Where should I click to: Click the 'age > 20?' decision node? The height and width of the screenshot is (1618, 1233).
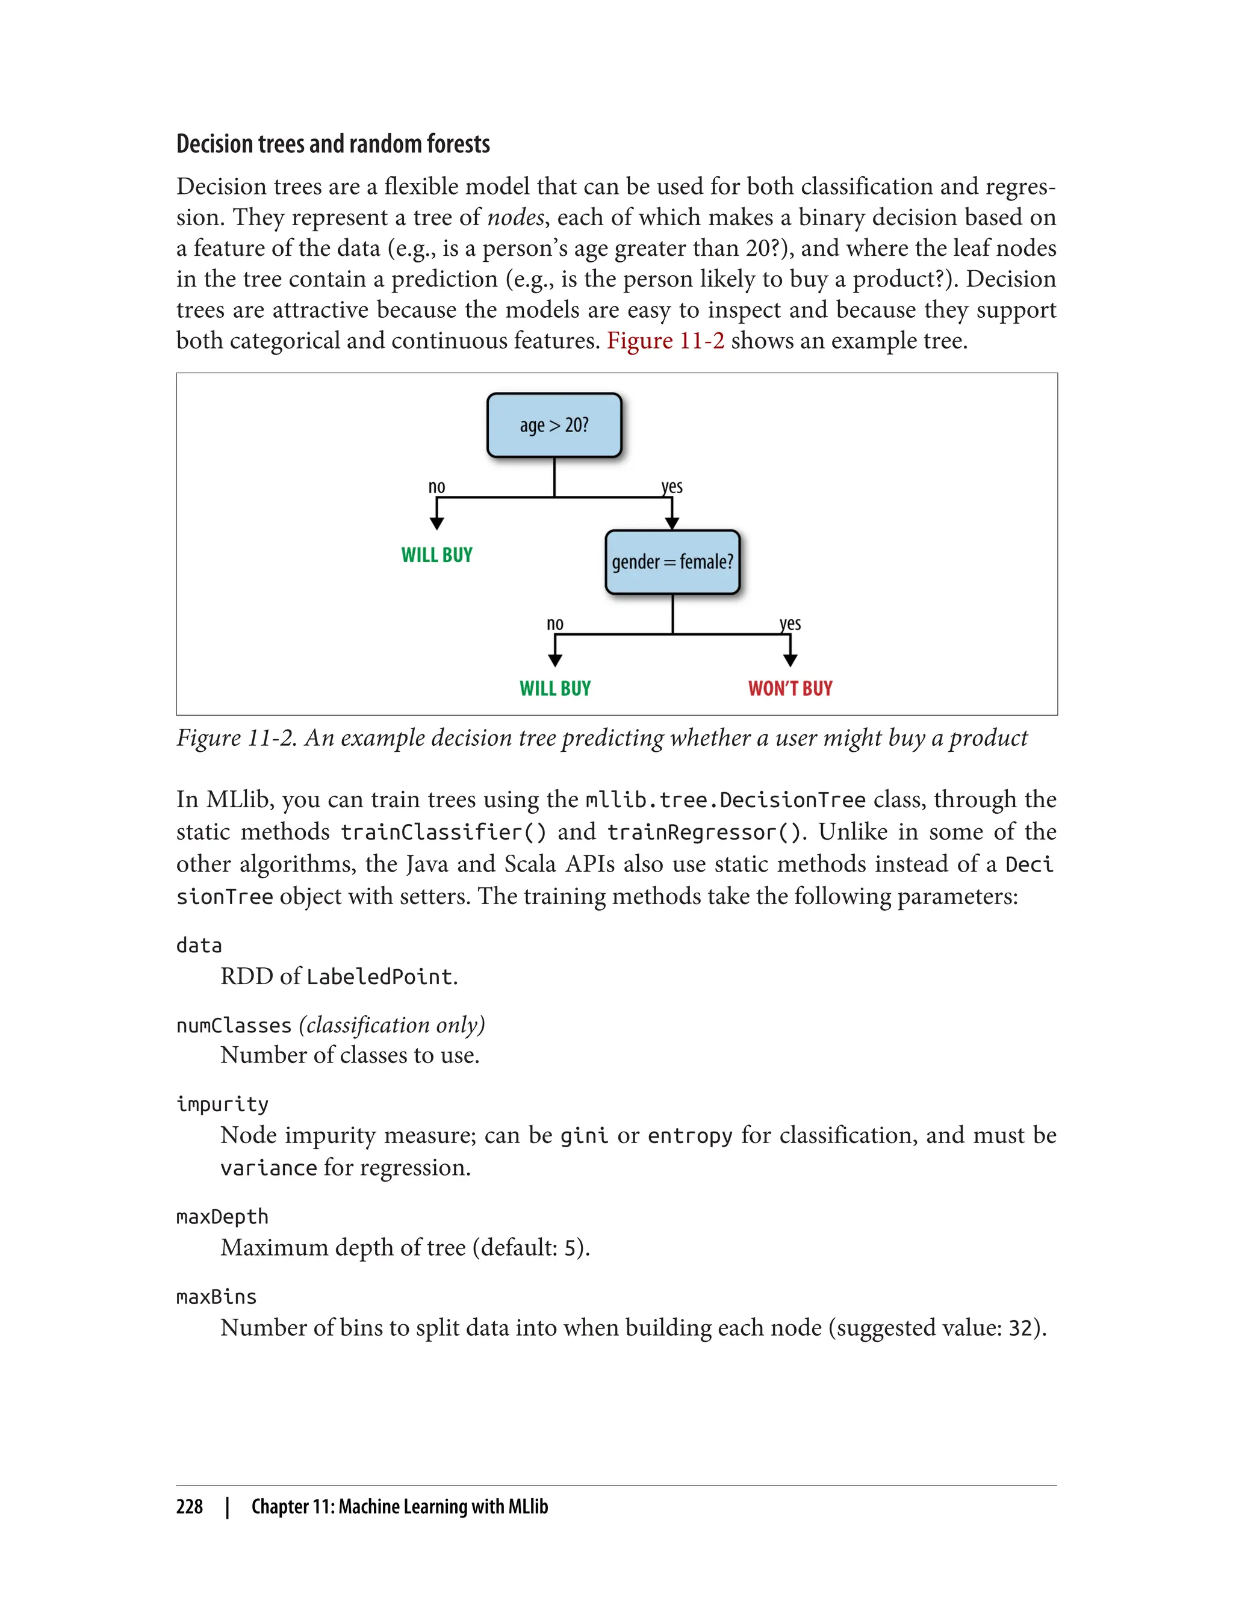pyautogui.click(x=554, y=426)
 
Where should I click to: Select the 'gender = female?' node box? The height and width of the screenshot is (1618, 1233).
pyautogui.click(x=672, y=562)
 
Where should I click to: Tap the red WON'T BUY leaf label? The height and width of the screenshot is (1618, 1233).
pyautogui.click(x=790, y=688)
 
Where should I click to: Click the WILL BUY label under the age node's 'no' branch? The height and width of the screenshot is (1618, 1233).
pyautogui.click(x=436, y=555)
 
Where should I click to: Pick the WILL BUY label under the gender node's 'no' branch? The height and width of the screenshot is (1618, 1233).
pyautogui.click(x=555, y=688)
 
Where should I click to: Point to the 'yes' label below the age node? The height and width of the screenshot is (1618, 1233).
pyautogui.click(x=671, y=486)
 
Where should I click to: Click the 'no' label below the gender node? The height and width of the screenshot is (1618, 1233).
pyautogui.click(x=555, y=624)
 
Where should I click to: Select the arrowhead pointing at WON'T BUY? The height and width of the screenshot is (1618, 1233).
pyautogui.click(x=790, y=660)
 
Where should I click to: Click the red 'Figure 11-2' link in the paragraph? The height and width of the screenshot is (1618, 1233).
pyautogui.click(x=665, y=341)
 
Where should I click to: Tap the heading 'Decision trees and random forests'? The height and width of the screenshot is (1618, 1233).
pyautogui.click(x=332, y=144)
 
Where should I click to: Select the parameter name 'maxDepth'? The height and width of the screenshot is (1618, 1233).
pyautogui.click(x=222, y=1217)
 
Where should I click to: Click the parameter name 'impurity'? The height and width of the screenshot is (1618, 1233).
pyautogui.click(x=222, y=1105)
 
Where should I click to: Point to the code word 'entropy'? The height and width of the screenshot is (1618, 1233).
pyautogui.click(x=690, y=1136)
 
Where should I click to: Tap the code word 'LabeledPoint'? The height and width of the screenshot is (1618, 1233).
pyautogui.click(x=379, y=977)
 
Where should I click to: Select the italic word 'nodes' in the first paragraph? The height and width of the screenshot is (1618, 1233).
pyautogui.click(x=516, y=217)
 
